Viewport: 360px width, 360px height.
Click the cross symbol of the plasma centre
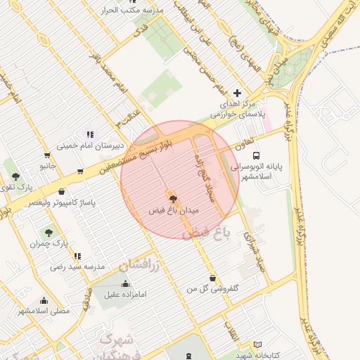[237, 93]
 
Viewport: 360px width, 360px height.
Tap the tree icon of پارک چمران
[49, 232]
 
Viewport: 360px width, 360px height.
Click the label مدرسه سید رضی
[77, 267]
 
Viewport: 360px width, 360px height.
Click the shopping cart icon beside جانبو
[47, 155]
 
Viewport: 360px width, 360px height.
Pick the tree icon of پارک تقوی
[15, 176]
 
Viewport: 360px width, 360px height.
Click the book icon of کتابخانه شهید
[257, 345]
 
